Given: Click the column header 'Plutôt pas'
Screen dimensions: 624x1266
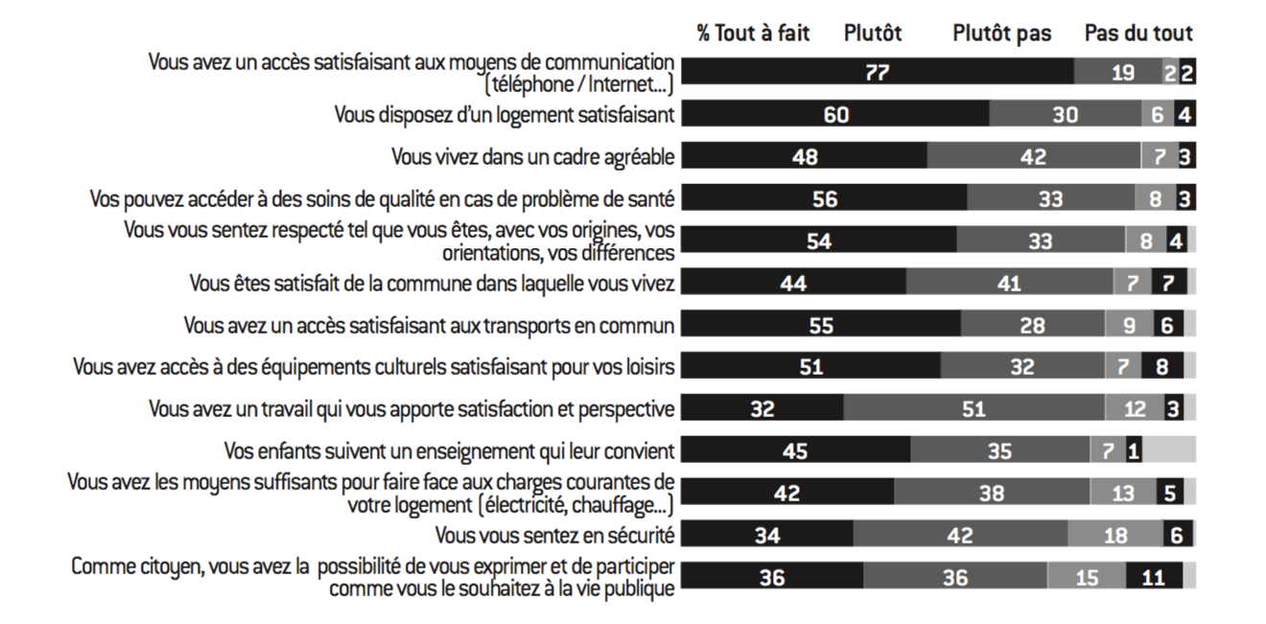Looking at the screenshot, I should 1001,34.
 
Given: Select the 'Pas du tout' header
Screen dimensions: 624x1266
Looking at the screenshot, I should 1138,34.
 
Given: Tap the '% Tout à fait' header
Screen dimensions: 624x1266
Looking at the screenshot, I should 753,34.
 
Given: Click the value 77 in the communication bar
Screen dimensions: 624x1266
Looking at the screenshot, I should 878,73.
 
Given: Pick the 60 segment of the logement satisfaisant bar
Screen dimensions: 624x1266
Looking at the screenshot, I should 836,115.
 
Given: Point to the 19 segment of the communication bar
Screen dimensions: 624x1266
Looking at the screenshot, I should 1122,73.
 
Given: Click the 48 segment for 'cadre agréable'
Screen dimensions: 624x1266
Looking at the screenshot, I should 805,157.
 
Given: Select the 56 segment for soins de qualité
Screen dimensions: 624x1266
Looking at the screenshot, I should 824,199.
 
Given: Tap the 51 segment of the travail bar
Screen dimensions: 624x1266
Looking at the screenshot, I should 973,409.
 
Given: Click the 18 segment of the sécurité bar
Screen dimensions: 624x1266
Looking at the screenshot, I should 1115,535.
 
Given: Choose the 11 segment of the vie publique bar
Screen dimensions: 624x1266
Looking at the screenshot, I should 1154,578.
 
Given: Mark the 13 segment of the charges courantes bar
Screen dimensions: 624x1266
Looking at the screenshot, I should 1121,494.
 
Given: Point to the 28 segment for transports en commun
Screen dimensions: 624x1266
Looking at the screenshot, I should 1032,325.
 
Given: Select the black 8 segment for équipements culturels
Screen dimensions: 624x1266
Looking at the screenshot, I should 1161,367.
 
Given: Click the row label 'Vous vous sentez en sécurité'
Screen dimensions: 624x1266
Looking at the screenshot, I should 554,535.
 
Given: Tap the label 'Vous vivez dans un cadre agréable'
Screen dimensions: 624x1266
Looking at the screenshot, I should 532,156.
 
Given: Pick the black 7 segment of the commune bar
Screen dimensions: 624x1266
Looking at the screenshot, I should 1166,284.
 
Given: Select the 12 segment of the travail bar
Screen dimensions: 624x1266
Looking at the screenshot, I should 1135,409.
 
